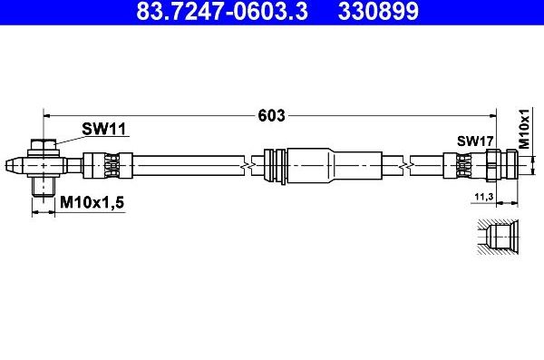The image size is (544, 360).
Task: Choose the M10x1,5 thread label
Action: [92, 203]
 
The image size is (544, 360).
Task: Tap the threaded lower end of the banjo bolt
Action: [43, 187]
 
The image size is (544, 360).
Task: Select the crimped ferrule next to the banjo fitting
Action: [107, 166]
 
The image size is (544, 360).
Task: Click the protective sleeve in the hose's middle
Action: [304, 166]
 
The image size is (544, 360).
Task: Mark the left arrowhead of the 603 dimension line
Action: [48, 115]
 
